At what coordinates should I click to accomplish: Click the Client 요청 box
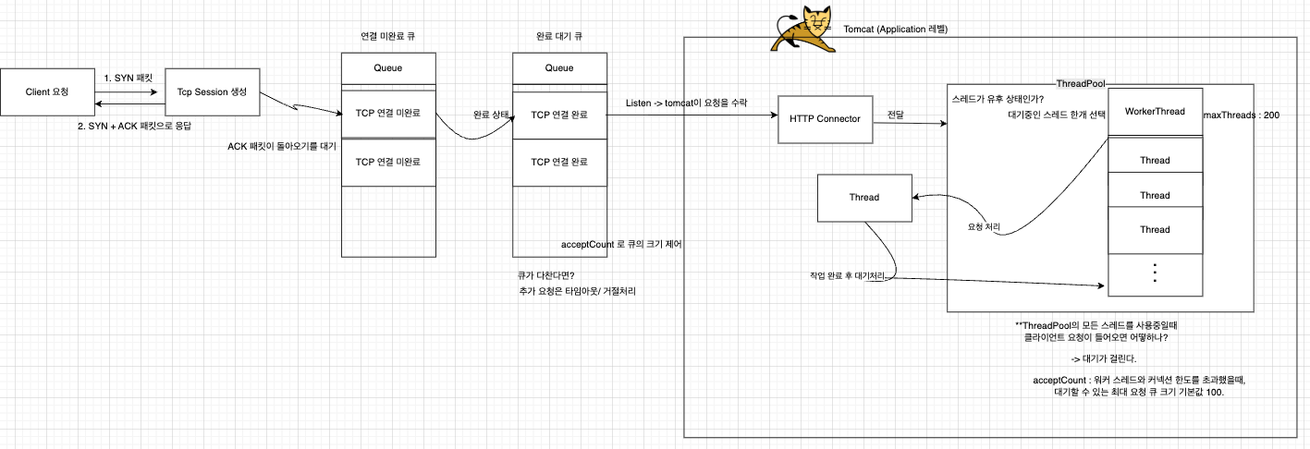[x=47, y=92]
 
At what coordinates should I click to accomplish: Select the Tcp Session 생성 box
[x=212, y=92]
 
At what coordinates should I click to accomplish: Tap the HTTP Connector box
[x=826, y=118]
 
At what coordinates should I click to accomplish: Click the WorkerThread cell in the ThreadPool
[x=1155, y=112]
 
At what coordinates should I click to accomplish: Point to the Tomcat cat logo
[x=801, y=30]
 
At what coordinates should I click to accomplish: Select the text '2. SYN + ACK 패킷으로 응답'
[x=140, y=125]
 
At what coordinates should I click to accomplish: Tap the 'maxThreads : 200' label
[x=1242, y=115]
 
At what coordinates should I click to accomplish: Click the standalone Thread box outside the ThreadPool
[x=863, y=197]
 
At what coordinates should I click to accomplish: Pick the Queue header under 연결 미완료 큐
[x=388, y=67]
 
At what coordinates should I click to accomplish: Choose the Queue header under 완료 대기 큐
[x=559, y=67]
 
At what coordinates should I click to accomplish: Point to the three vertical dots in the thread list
[x=1155, y=273]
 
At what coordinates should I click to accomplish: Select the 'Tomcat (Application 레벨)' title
[x=896, y=30]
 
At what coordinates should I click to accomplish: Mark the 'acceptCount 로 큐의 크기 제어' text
[x=621, y=245]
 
